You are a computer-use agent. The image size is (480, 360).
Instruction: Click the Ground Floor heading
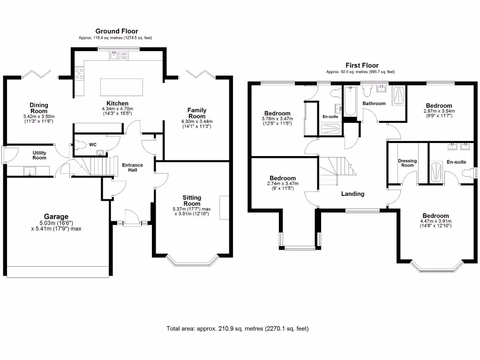pos(117,31)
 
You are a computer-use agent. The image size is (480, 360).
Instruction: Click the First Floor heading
pos(362,66)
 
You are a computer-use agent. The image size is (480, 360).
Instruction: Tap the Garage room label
pos(56,217)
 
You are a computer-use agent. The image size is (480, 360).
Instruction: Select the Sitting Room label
pos(192,201)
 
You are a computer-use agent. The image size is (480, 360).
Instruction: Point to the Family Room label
pos(197,113)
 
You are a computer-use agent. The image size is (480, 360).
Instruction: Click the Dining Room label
pos(39,108)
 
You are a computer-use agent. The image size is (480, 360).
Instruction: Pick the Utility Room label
pos(39,155)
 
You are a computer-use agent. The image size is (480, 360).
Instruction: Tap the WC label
pos(93,145)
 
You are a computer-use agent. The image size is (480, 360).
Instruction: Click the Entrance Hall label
pos(133,168)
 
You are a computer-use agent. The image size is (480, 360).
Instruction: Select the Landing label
pos(352,194)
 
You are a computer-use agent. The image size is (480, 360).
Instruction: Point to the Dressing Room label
pos(407,163)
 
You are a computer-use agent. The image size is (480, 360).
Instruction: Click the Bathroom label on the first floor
pos(374,104)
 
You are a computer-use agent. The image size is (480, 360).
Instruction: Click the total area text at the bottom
pos(238,329)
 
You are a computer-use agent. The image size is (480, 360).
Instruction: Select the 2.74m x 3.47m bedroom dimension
pos(282,184)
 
